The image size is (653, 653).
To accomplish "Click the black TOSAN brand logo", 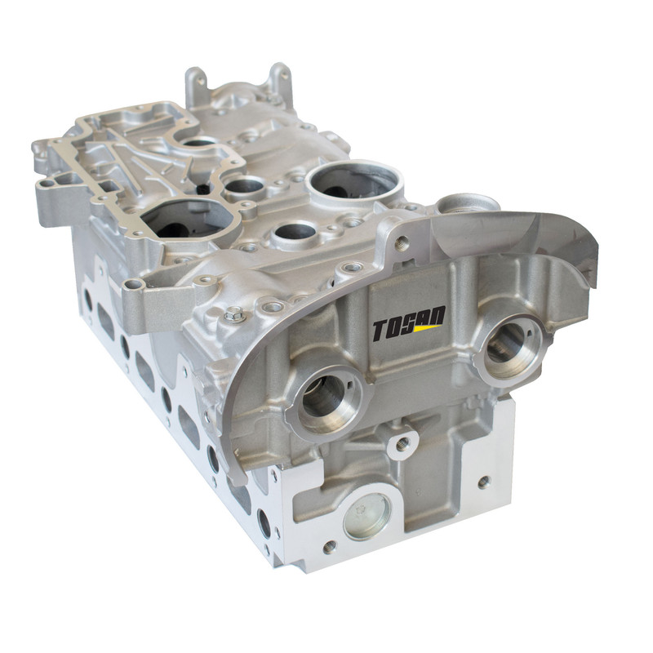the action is pos(409,323).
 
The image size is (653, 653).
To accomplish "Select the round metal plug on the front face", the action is pos(366,517).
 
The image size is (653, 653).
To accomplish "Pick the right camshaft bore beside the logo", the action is pos(511,347).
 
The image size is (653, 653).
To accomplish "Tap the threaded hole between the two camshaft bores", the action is pos(402,444).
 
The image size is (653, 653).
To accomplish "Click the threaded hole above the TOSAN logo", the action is pos(402,241).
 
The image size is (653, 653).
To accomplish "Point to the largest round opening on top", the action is pos(354,181).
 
